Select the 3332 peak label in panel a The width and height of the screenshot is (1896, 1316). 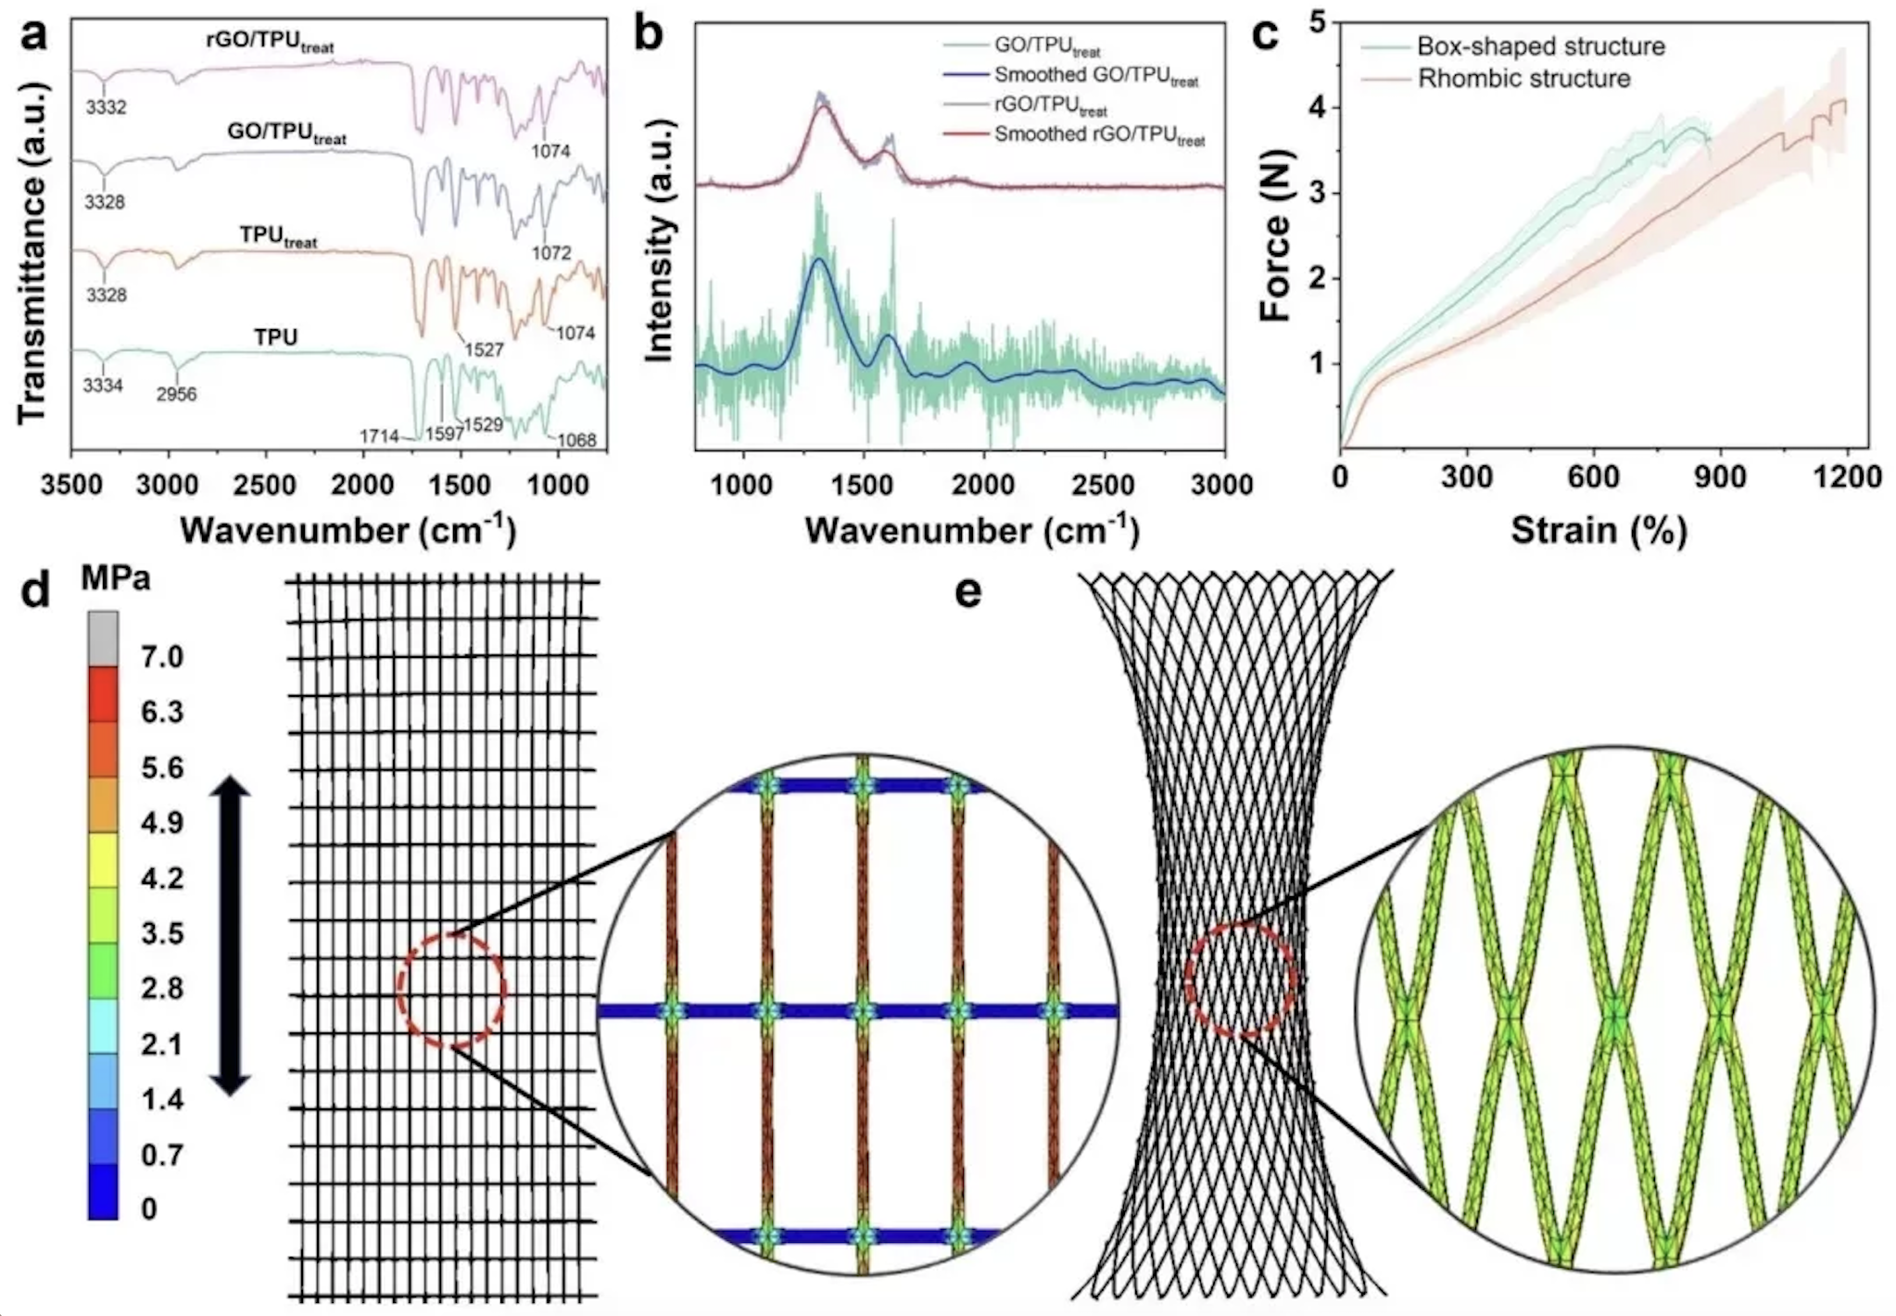(106, 107)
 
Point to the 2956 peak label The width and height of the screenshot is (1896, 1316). (176, 394)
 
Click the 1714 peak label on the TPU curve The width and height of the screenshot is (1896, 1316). (379, 436)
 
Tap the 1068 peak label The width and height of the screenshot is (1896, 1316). (576, 439)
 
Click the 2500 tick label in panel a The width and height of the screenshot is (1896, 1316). (266, 485)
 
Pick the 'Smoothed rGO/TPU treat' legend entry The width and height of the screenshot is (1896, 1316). (1099, 135)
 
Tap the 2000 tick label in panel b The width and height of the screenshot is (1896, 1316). (983, 485)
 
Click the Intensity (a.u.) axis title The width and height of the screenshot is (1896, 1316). (658, 287)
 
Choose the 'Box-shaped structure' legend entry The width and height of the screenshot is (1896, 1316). (1540, 46)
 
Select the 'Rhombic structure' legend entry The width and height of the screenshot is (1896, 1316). (1523, 79)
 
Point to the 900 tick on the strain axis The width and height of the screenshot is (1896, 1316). (1720, 477)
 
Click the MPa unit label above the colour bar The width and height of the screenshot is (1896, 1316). (115, 578)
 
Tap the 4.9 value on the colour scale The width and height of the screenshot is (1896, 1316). (162, 823)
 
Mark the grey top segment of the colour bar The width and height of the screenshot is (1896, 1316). (103, 639)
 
